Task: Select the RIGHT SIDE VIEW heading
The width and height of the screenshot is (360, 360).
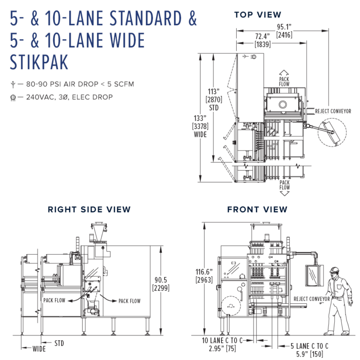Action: coord(89,210)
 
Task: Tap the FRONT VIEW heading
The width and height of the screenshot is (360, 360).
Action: coord(257,210)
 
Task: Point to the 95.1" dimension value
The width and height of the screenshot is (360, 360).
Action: coord(285,26)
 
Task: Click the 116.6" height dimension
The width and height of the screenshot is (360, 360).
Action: coord(204,271)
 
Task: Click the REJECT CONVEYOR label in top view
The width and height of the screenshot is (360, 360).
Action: coord(333,111)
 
